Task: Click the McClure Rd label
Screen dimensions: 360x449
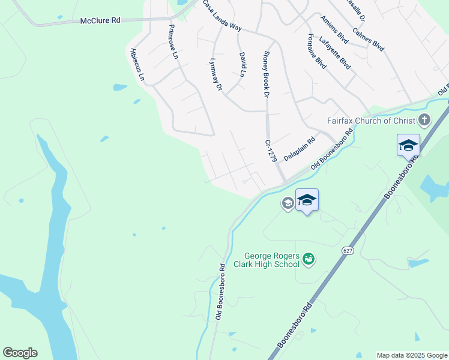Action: (x=100, y=20)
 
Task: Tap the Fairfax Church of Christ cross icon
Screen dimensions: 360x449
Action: (x=424, y=120)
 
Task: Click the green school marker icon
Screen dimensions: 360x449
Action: (x=309, y=259)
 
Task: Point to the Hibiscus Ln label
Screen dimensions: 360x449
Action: (x=134, y=64)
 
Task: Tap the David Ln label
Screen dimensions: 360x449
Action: (x=243, y=64)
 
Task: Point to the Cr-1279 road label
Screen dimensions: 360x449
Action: (x=270, y=151)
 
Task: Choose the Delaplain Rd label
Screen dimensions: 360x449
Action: (x=300, y=149)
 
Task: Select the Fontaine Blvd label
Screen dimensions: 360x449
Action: (x=316, y=51)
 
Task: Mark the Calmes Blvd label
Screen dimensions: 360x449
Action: (x=369, y=37)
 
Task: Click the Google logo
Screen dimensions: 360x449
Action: (x=20, y=353)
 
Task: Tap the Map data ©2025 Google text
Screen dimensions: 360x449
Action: (x=412, y=355)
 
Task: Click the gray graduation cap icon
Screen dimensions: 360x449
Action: (x=288, y=203)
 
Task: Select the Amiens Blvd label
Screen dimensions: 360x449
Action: (x=334, y=28)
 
